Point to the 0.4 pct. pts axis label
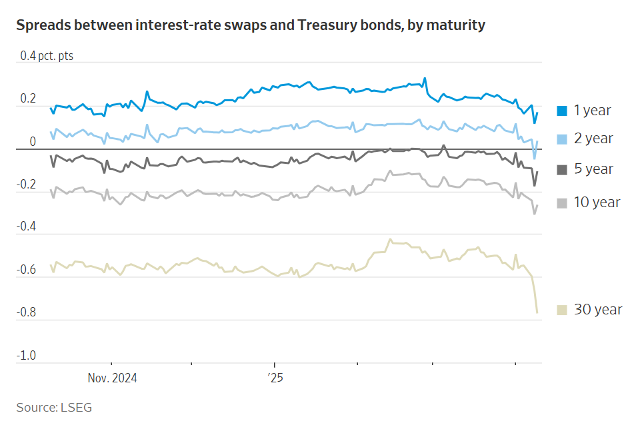pos(47,56)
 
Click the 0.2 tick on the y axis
pos(28,99)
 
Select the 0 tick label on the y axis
pos(32,142)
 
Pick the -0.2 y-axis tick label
pos(27,185)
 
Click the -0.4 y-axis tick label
pos(27,227)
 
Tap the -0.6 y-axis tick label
pos(27,270)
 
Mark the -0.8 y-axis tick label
pos(27,312)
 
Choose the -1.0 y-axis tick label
pos(27,356)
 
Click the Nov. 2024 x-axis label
pos(112,378)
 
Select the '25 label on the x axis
pos(275,378)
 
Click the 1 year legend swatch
pos(562,111)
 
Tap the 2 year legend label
pos(593,139)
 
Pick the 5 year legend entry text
pos(593,169)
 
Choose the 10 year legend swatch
pos(562,203)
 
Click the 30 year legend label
pos(597,309)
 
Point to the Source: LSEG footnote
pos(54,407)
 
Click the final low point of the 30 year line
pos(537,312)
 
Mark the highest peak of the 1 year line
pos(425,78)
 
